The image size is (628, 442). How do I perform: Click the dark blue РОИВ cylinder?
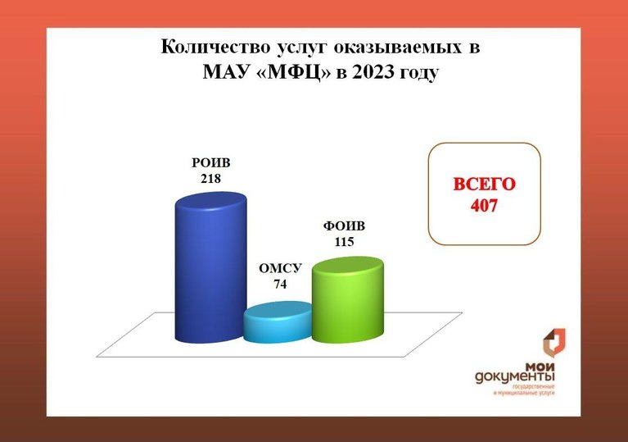click(211, 267)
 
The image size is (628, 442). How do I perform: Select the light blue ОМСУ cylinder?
click(278, 322)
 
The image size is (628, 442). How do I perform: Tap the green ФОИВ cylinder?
click(348, 300)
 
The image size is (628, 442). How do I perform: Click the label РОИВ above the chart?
click(211, 163)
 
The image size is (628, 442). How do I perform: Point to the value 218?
click(211, 178)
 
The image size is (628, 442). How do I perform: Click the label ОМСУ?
click(280, 268)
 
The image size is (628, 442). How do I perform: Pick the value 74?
click(280, 284)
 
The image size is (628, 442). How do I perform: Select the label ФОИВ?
click(345, 226)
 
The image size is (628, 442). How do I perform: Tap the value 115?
click(345, 242)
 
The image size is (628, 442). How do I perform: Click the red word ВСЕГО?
click(484, 185)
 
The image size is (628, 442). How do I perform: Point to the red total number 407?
click(484, 205)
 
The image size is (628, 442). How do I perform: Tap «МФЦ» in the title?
click(294, 73)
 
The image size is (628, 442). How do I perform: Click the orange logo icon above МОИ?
click(554, 344)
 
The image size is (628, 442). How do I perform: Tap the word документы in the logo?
click(515, 377)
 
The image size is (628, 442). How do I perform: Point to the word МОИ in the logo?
click(540, 367)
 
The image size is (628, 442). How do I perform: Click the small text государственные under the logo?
click(534, 387)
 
